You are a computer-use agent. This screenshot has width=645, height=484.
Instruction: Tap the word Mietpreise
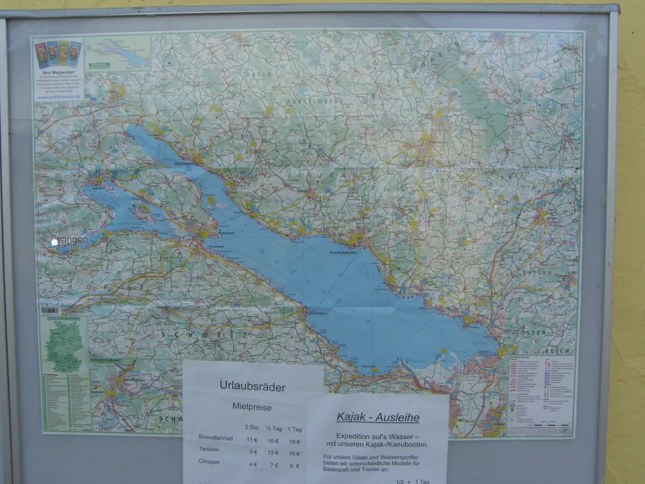252,407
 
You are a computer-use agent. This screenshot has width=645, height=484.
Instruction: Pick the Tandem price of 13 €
273,451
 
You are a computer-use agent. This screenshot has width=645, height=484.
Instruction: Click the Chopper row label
209,462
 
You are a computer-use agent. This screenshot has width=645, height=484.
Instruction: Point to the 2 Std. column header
252,427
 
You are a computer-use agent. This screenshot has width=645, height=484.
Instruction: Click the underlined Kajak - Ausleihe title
378,418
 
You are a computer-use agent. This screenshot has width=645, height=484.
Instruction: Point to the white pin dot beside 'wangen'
55,241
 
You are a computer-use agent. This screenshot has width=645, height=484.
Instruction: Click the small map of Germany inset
64,346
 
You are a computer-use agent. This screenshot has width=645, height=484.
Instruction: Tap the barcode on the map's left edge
50,310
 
